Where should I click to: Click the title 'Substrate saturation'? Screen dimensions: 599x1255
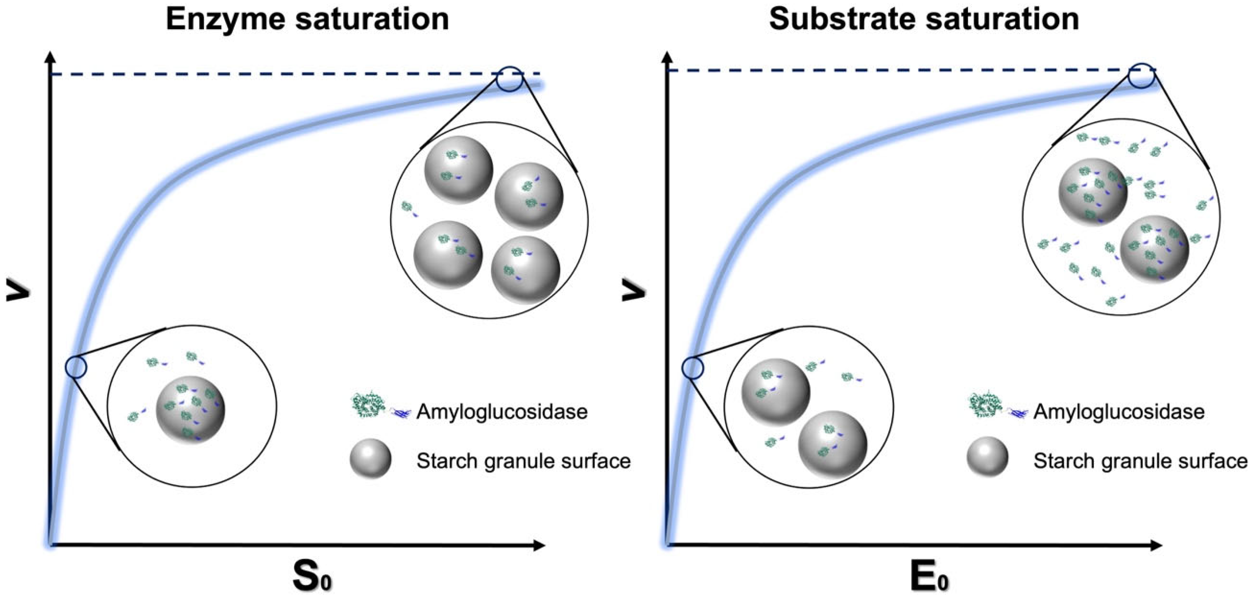pos(924,19)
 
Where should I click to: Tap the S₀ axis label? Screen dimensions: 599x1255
pos(312,576)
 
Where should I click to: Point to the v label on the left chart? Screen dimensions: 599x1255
pos(18,291)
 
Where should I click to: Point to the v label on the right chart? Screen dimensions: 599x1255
pos(634,291)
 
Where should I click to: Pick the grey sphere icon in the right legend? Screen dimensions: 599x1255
pos(987,457)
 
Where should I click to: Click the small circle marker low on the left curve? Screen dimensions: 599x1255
pos(76,367)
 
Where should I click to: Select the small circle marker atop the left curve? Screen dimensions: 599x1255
pos(509,79)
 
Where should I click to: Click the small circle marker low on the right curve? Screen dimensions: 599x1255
pos(692,368)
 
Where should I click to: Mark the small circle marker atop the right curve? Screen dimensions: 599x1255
pos(1142,76)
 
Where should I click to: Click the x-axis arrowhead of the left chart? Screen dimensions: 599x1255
pos(539,545)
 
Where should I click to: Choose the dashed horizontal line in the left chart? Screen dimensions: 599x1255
pos(273,74)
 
